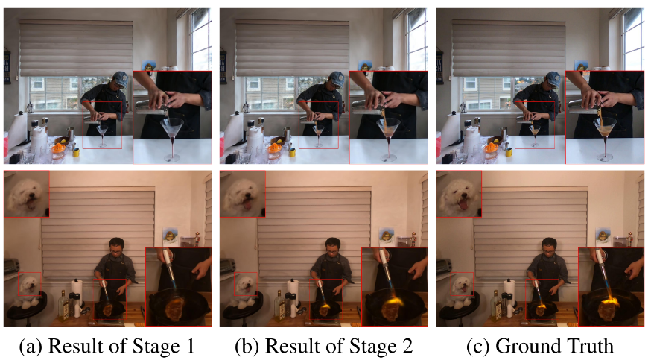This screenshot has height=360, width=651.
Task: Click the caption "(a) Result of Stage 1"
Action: (x=107, y=346)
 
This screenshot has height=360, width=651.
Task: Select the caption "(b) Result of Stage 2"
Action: (x=324, y=346)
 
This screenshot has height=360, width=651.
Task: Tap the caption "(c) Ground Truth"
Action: (x=540, y=346)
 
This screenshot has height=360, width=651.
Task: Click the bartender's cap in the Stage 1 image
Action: (x=120, y=78)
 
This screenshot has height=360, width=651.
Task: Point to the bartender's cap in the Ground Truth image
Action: (x=553, y=78)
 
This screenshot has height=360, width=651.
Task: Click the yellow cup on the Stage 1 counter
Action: (x=77, y=151)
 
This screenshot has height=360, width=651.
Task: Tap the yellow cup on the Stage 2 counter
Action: (x=293, y=151)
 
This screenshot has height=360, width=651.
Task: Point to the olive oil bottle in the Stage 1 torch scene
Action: (x=63, y=306)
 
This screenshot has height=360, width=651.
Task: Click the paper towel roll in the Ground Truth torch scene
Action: (x=509, y=292)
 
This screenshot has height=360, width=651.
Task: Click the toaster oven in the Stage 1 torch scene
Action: (x=11, y=266)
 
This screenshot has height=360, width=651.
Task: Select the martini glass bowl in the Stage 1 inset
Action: (x=172, y=127)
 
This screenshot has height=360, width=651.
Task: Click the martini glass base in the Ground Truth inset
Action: (x=605, y=158)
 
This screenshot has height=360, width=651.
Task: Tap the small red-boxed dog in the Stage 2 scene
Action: (x=246, y=285)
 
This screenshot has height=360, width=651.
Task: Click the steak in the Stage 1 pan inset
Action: (x=177, y=308)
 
